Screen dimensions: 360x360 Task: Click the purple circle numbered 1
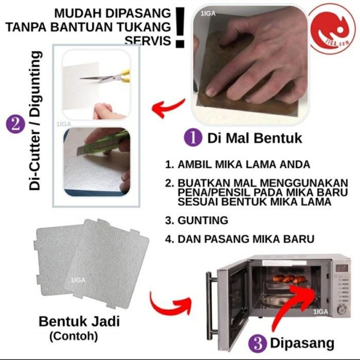click(x=193, y=137)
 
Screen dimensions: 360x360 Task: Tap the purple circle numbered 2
click(x=15, y=124)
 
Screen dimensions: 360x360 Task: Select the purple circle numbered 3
click(x=258, y=344)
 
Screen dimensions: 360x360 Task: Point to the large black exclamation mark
click(x=181, y=27)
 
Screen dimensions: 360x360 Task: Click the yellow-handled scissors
click(x=106, y=77)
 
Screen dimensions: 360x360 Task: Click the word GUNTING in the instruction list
click(x=203, y=220)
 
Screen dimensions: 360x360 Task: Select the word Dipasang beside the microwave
click(x=302, y=344)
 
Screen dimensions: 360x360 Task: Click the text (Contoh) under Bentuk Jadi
click(x=74, y=336)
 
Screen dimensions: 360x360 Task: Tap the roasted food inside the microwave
click(x=289, y=279)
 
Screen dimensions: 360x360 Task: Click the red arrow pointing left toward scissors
click(x=169, y=107)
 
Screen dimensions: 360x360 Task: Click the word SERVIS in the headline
click(x=148, y=41)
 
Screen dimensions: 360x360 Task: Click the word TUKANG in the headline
click(x=145, y=27)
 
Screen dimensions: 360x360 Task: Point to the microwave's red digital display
click(x=342, y=268)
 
